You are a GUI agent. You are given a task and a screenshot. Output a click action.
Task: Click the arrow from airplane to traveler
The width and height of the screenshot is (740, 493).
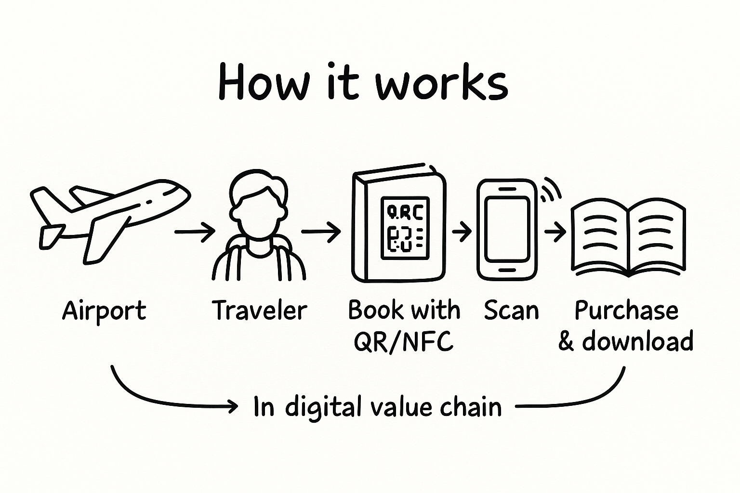pos(195,232)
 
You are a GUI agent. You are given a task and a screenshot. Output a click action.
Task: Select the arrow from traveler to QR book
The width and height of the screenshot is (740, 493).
pos(321,232)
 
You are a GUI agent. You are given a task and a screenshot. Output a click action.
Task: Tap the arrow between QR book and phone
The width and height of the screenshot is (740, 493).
pos(462,232)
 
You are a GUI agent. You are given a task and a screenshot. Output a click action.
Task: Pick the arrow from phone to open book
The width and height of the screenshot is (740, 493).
pos(555,233)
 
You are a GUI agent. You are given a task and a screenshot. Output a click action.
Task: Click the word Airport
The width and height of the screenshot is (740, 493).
pos(104,311)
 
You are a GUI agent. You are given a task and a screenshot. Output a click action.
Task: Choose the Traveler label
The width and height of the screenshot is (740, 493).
pos(259,310)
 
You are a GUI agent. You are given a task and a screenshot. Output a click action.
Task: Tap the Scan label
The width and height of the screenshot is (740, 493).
pos(511,310)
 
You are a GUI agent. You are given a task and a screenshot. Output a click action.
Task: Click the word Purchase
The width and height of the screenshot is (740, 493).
pos(626,311)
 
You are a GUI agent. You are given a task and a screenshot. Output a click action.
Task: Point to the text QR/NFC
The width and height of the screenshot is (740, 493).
pos(404,341)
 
